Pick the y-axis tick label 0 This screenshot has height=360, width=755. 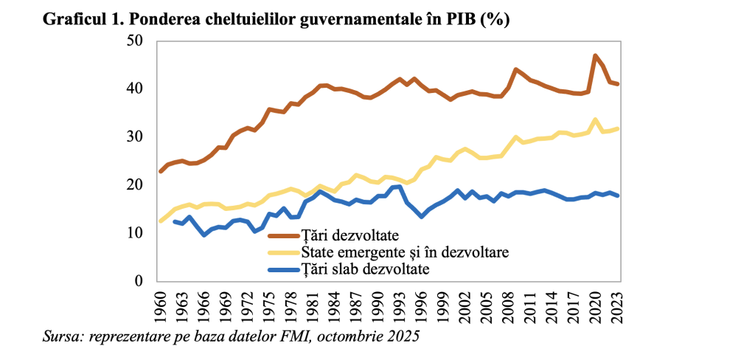(138, 281)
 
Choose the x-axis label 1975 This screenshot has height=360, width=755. (271, 304)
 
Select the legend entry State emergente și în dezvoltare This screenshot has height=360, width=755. (404, 253)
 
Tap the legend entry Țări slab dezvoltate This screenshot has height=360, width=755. (366, 270)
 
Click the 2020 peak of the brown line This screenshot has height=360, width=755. (595, 56)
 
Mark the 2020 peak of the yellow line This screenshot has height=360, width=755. (595, 120)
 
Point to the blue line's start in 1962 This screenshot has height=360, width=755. (175, 221)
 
